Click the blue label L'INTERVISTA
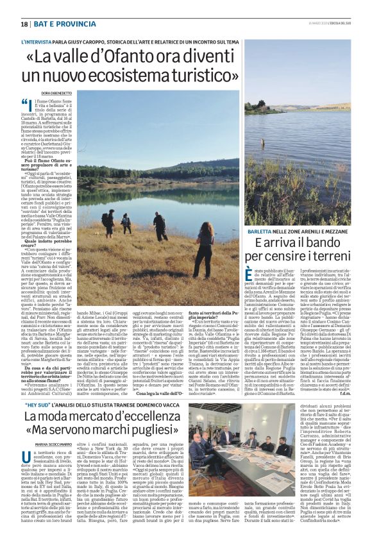(x=37, y=42)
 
